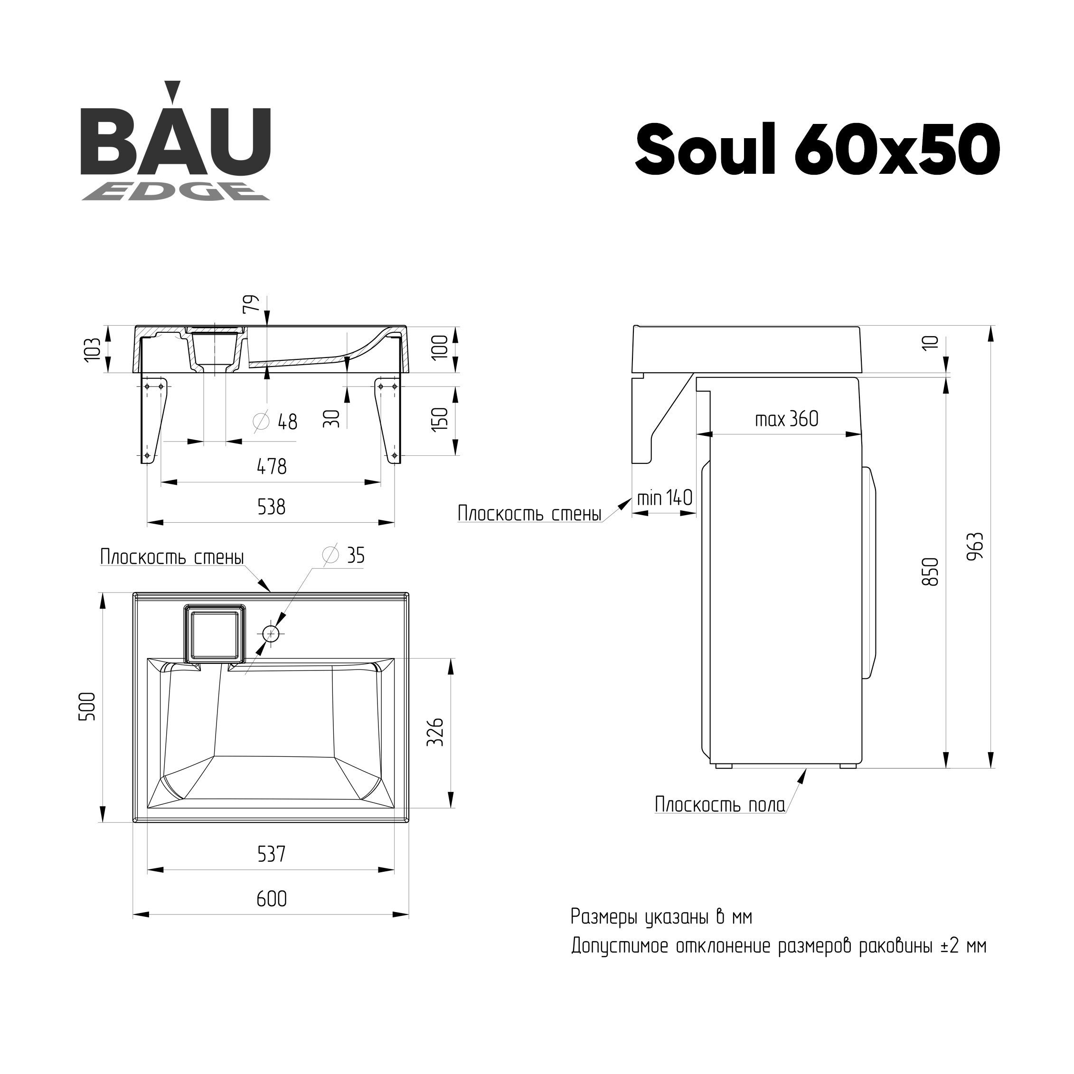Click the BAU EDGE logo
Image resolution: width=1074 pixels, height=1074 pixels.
(176, 142)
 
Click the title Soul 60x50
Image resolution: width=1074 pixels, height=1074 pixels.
(818, 149)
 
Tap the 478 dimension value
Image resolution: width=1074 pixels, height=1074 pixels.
(272, 466)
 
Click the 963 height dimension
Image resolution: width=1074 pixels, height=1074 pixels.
(976, 546)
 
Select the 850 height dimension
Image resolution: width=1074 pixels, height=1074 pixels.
(930, 572)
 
